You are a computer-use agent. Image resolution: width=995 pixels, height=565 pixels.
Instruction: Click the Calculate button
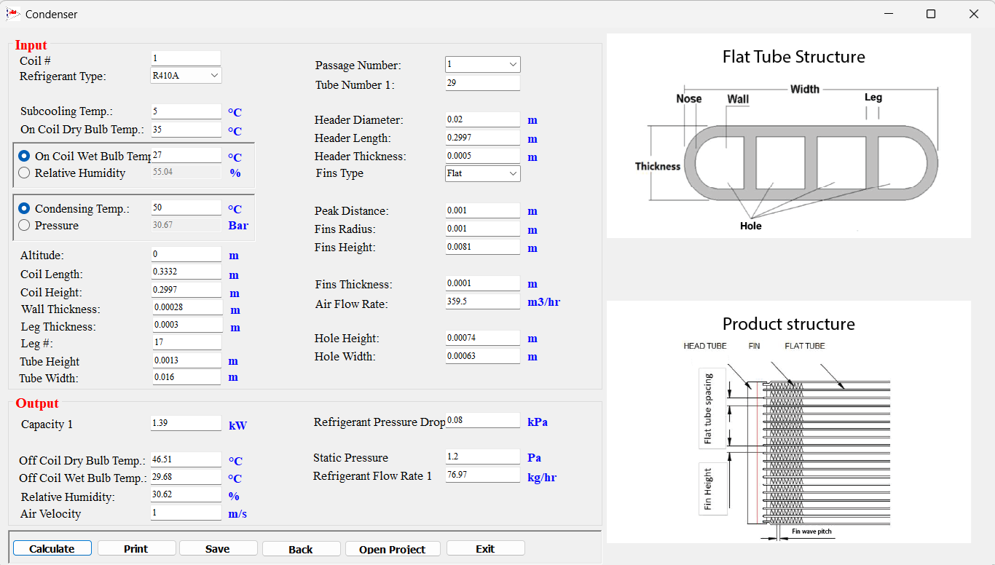click(52, 548)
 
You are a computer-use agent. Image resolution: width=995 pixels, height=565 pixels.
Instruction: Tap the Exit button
click(486, 548)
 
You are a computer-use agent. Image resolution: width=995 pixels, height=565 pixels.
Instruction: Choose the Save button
click(218, 548)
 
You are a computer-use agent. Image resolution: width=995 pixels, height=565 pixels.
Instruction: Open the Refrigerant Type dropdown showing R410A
click(186, 76)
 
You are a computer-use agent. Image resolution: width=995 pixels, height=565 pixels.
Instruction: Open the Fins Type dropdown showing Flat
click(482, 173)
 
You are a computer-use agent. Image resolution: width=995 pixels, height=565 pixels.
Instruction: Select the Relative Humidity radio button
click(24, 173)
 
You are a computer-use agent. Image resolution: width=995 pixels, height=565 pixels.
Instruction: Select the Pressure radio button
click(24, 225)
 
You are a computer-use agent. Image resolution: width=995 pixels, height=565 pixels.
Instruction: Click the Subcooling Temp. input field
click(186, 111)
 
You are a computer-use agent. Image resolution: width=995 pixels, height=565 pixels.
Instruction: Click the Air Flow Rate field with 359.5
click(482, 301)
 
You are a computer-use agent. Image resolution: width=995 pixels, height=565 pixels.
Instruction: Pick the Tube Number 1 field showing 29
click(482, 83)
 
